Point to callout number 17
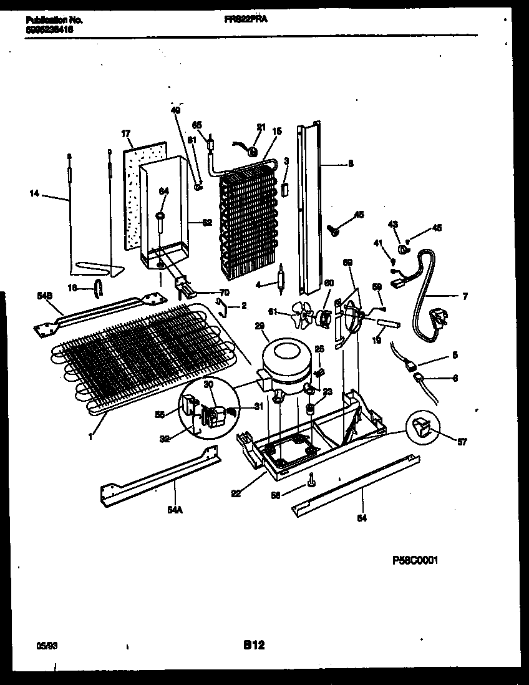[125, 133]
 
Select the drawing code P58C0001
[415, 561]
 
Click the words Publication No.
[54, 20]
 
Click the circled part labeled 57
[422, 429]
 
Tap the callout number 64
[163, 191]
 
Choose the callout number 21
[261, 127]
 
